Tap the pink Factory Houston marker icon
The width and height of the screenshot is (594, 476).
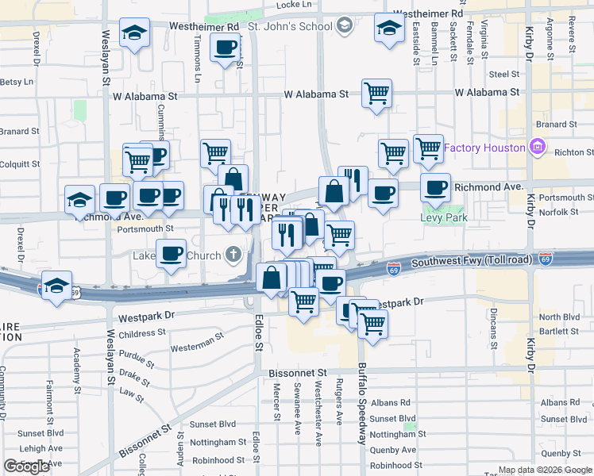click(x=537, y=148)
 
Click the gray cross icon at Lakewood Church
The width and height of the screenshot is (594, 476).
click(x=232, y=255)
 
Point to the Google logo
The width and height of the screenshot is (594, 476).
click(x=26, y=466)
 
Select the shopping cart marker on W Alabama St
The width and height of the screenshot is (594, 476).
click(x=376, y=93)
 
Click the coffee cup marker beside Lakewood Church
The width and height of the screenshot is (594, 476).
click(x=171, y=254)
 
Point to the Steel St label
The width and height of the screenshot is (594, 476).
click(x=503, y=74)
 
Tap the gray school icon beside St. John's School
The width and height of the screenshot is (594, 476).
click(x=343, y=26)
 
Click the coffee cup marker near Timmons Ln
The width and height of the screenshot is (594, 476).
click(x=226, y=48)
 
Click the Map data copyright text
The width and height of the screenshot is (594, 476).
click(x=545, y=470)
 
